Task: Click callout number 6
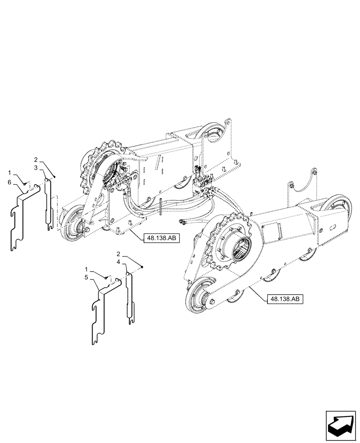tap(9, 183)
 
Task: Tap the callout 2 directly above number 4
tap(119, 254)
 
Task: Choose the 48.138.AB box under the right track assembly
tap(285, 299)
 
